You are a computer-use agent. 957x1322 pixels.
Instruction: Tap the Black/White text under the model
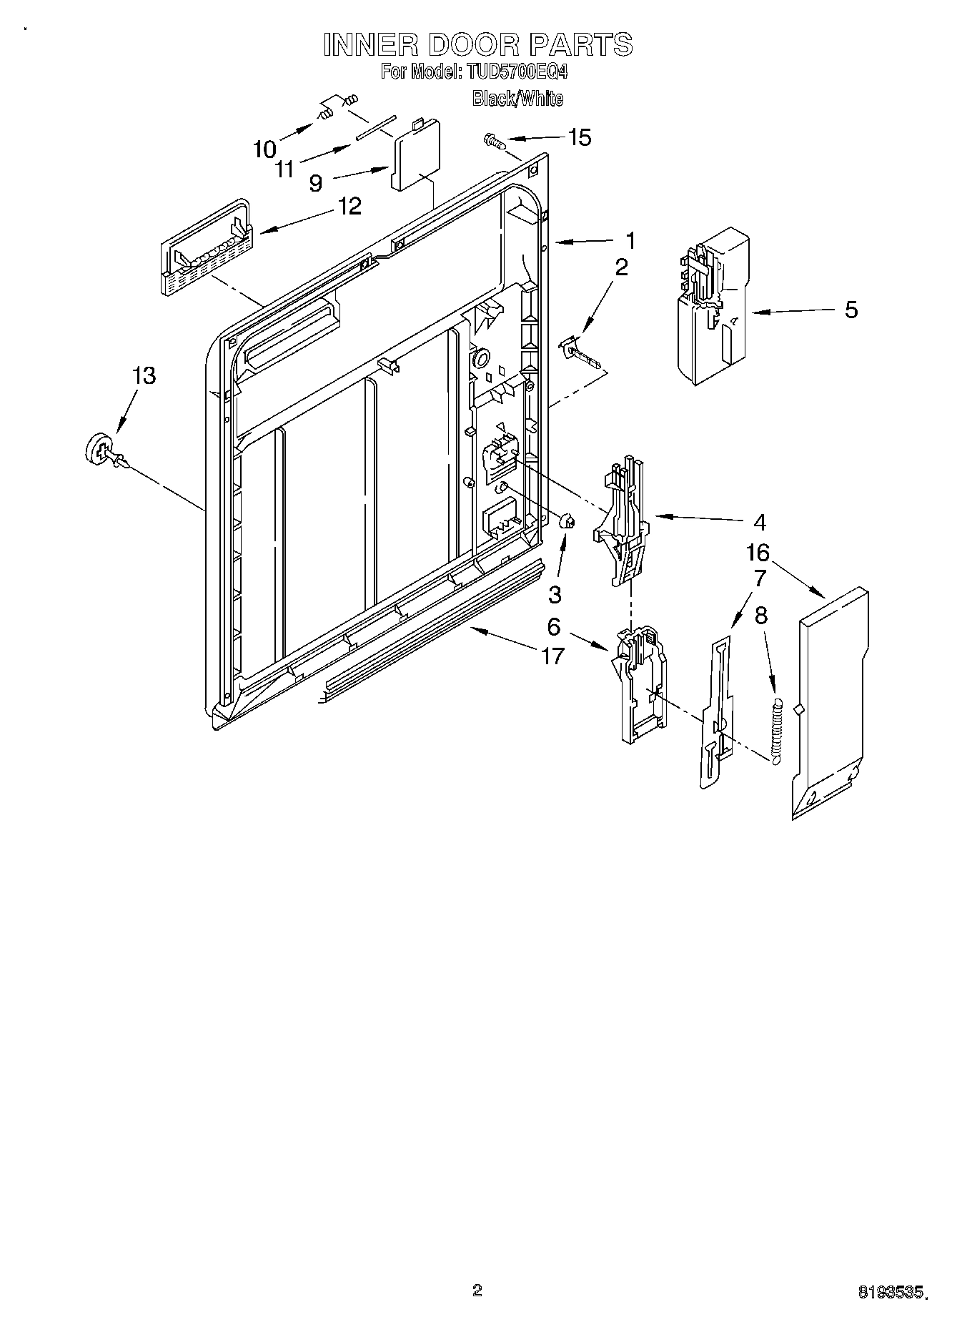click(517, 99)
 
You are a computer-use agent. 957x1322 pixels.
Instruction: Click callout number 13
click(144, 375)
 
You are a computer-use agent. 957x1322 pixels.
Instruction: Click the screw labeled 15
click(496, 141)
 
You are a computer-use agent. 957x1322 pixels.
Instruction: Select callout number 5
click(851, 310)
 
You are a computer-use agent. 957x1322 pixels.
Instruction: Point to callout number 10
click(264, 149)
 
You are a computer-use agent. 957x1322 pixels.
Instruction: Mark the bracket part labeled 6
click(638, 686)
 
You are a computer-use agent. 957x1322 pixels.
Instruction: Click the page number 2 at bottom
click(477, 1290)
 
